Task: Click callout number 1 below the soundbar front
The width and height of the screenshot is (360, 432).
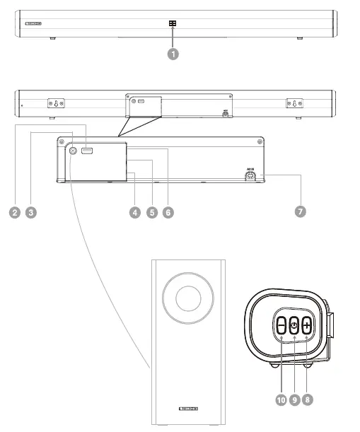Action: (x=172, y=54)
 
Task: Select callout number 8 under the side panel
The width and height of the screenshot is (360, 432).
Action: (x=306, y=399)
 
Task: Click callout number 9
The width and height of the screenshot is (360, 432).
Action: (x=294, y=399)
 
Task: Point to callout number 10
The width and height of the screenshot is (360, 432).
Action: (x=281, y=399)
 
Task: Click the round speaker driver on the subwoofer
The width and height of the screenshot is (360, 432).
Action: (x=188, y=298)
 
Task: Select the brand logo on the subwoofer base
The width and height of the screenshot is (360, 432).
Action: (x=188, y=409)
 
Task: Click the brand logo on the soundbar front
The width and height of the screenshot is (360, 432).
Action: (x=33, y=23)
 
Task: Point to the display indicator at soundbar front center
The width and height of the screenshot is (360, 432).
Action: (x=172, y=23)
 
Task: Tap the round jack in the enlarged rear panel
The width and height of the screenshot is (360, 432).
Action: (x=73, y=151)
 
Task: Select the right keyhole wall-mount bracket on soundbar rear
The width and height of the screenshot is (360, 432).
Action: (x=294, y=103)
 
